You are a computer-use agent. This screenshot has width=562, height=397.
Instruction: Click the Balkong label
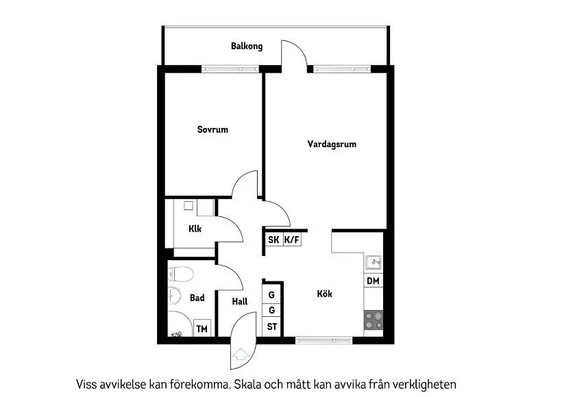point(247,46)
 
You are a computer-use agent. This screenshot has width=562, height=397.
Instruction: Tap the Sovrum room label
point(212,129)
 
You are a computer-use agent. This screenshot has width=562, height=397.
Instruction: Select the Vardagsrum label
point(332,144)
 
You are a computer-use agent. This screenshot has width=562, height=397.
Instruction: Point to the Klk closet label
point(195,229)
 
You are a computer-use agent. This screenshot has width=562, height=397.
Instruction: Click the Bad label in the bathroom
point(197,298)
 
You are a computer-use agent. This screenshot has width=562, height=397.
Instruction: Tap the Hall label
point(240,301)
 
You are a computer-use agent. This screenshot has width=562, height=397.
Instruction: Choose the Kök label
point(324,294)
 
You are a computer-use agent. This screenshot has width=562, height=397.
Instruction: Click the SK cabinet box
point(273,240)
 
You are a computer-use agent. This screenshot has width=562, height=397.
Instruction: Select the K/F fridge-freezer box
point(292,240)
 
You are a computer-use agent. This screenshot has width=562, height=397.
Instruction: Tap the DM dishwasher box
point(373,281)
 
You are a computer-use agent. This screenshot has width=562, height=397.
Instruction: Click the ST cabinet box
point(271,326)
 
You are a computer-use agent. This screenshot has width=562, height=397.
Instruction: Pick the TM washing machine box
point(201,329)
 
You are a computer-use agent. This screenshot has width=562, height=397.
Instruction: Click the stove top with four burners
point(374,320)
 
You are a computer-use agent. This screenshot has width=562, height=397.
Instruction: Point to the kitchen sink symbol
point(374,262)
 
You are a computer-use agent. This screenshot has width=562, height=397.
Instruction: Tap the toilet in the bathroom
point(181,274)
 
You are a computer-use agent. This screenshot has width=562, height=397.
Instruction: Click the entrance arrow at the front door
point(241,354)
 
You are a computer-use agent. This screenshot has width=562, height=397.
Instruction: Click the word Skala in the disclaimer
point(247,385)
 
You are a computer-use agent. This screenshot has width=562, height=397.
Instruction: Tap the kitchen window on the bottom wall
point(324,340)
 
